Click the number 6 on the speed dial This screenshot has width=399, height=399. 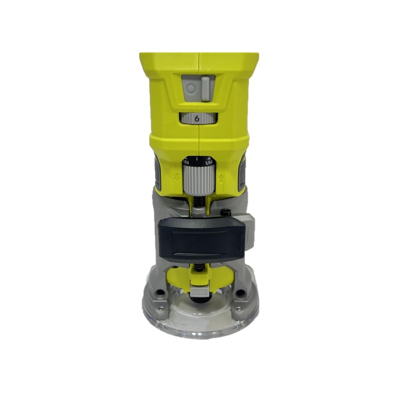click(x=198, y=119)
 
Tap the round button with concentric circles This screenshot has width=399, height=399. click(x=190, y=89)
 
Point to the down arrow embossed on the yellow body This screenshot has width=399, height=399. click(x=176, y=178)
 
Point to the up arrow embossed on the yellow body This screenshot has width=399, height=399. click(x=220, y=178)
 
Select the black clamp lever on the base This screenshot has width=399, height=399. click(x=201, y=239)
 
